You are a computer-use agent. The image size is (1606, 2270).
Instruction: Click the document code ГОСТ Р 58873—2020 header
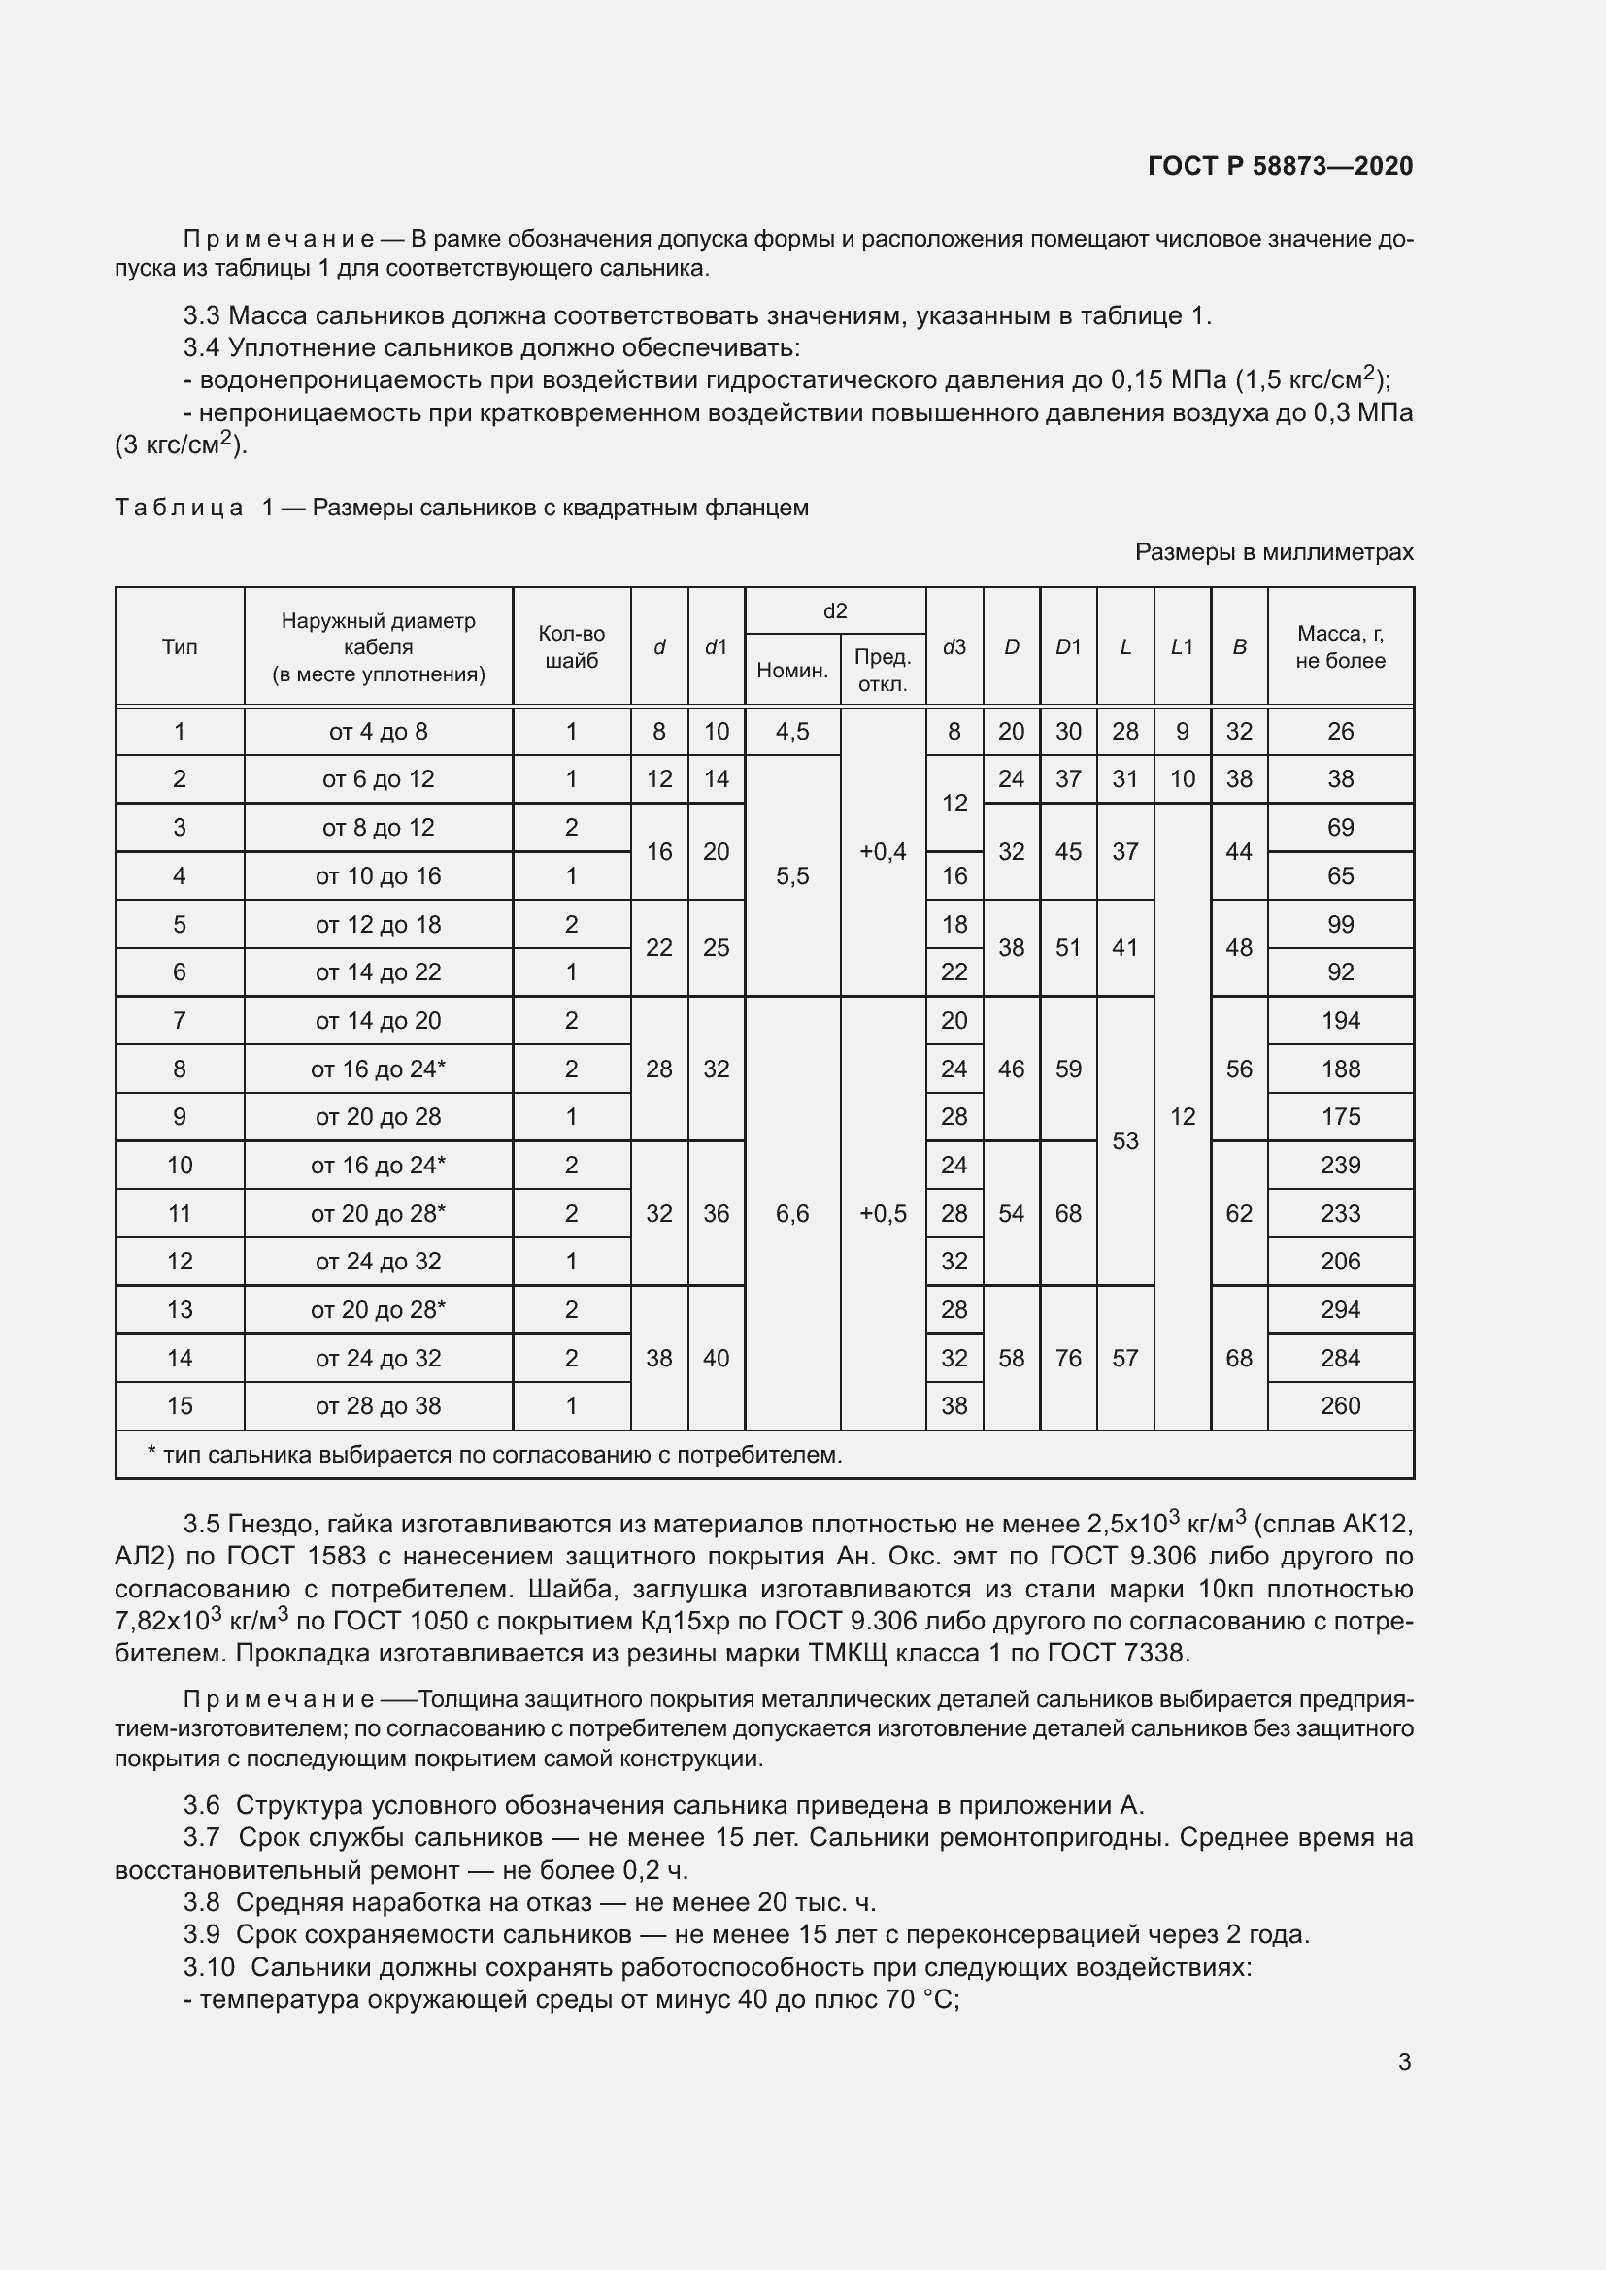[1280, 166]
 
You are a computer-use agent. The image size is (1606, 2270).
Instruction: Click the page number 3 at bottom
[1404, 2061]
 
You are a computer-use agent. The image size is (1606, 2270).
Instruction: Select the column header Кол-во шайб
[571, 646]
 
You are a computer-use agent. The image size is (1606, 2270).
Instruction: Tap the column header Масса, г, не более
[1340, 646]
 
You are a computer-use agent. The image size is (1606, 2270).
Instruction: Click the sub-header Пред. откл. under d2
[882, 670]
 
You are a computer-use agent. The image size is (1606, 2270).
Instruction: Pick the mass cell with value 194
[1340, 1020]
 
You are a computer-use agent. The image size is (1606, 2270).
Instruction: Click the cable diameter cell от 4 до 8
[378, 732]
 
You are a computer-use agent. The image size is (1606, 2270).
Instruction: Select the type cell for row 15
[179, 1406]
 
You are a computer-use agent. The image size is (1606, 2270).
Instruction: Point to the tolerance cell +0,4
[882, 851]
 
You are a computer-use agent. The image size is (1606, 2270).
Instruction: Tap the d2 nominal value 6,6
[792, 1213]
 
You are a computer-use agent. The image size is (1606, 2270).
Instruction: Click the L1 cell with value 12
[1182, 1116]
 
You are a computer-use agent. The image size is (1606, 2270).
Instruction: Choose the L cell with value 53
[1124, 1141]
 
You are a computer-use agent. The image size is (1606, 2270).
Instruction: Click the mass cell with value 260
[1340, 1406]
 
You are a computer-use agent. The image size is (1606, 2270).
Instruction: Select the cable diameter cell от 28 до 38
[378, 1406]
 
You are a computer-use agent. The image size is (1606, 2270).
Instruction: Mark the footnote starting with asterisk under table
[494, 1455]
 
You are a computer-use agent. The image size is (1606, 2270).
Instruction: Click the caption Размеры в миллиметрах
[1274, 551]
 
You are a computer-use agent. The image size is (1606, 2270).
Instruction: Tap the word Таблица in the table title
[179, 509]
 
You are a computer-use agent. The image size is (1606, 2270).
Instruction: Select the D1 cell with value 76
[1068, 1358]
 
